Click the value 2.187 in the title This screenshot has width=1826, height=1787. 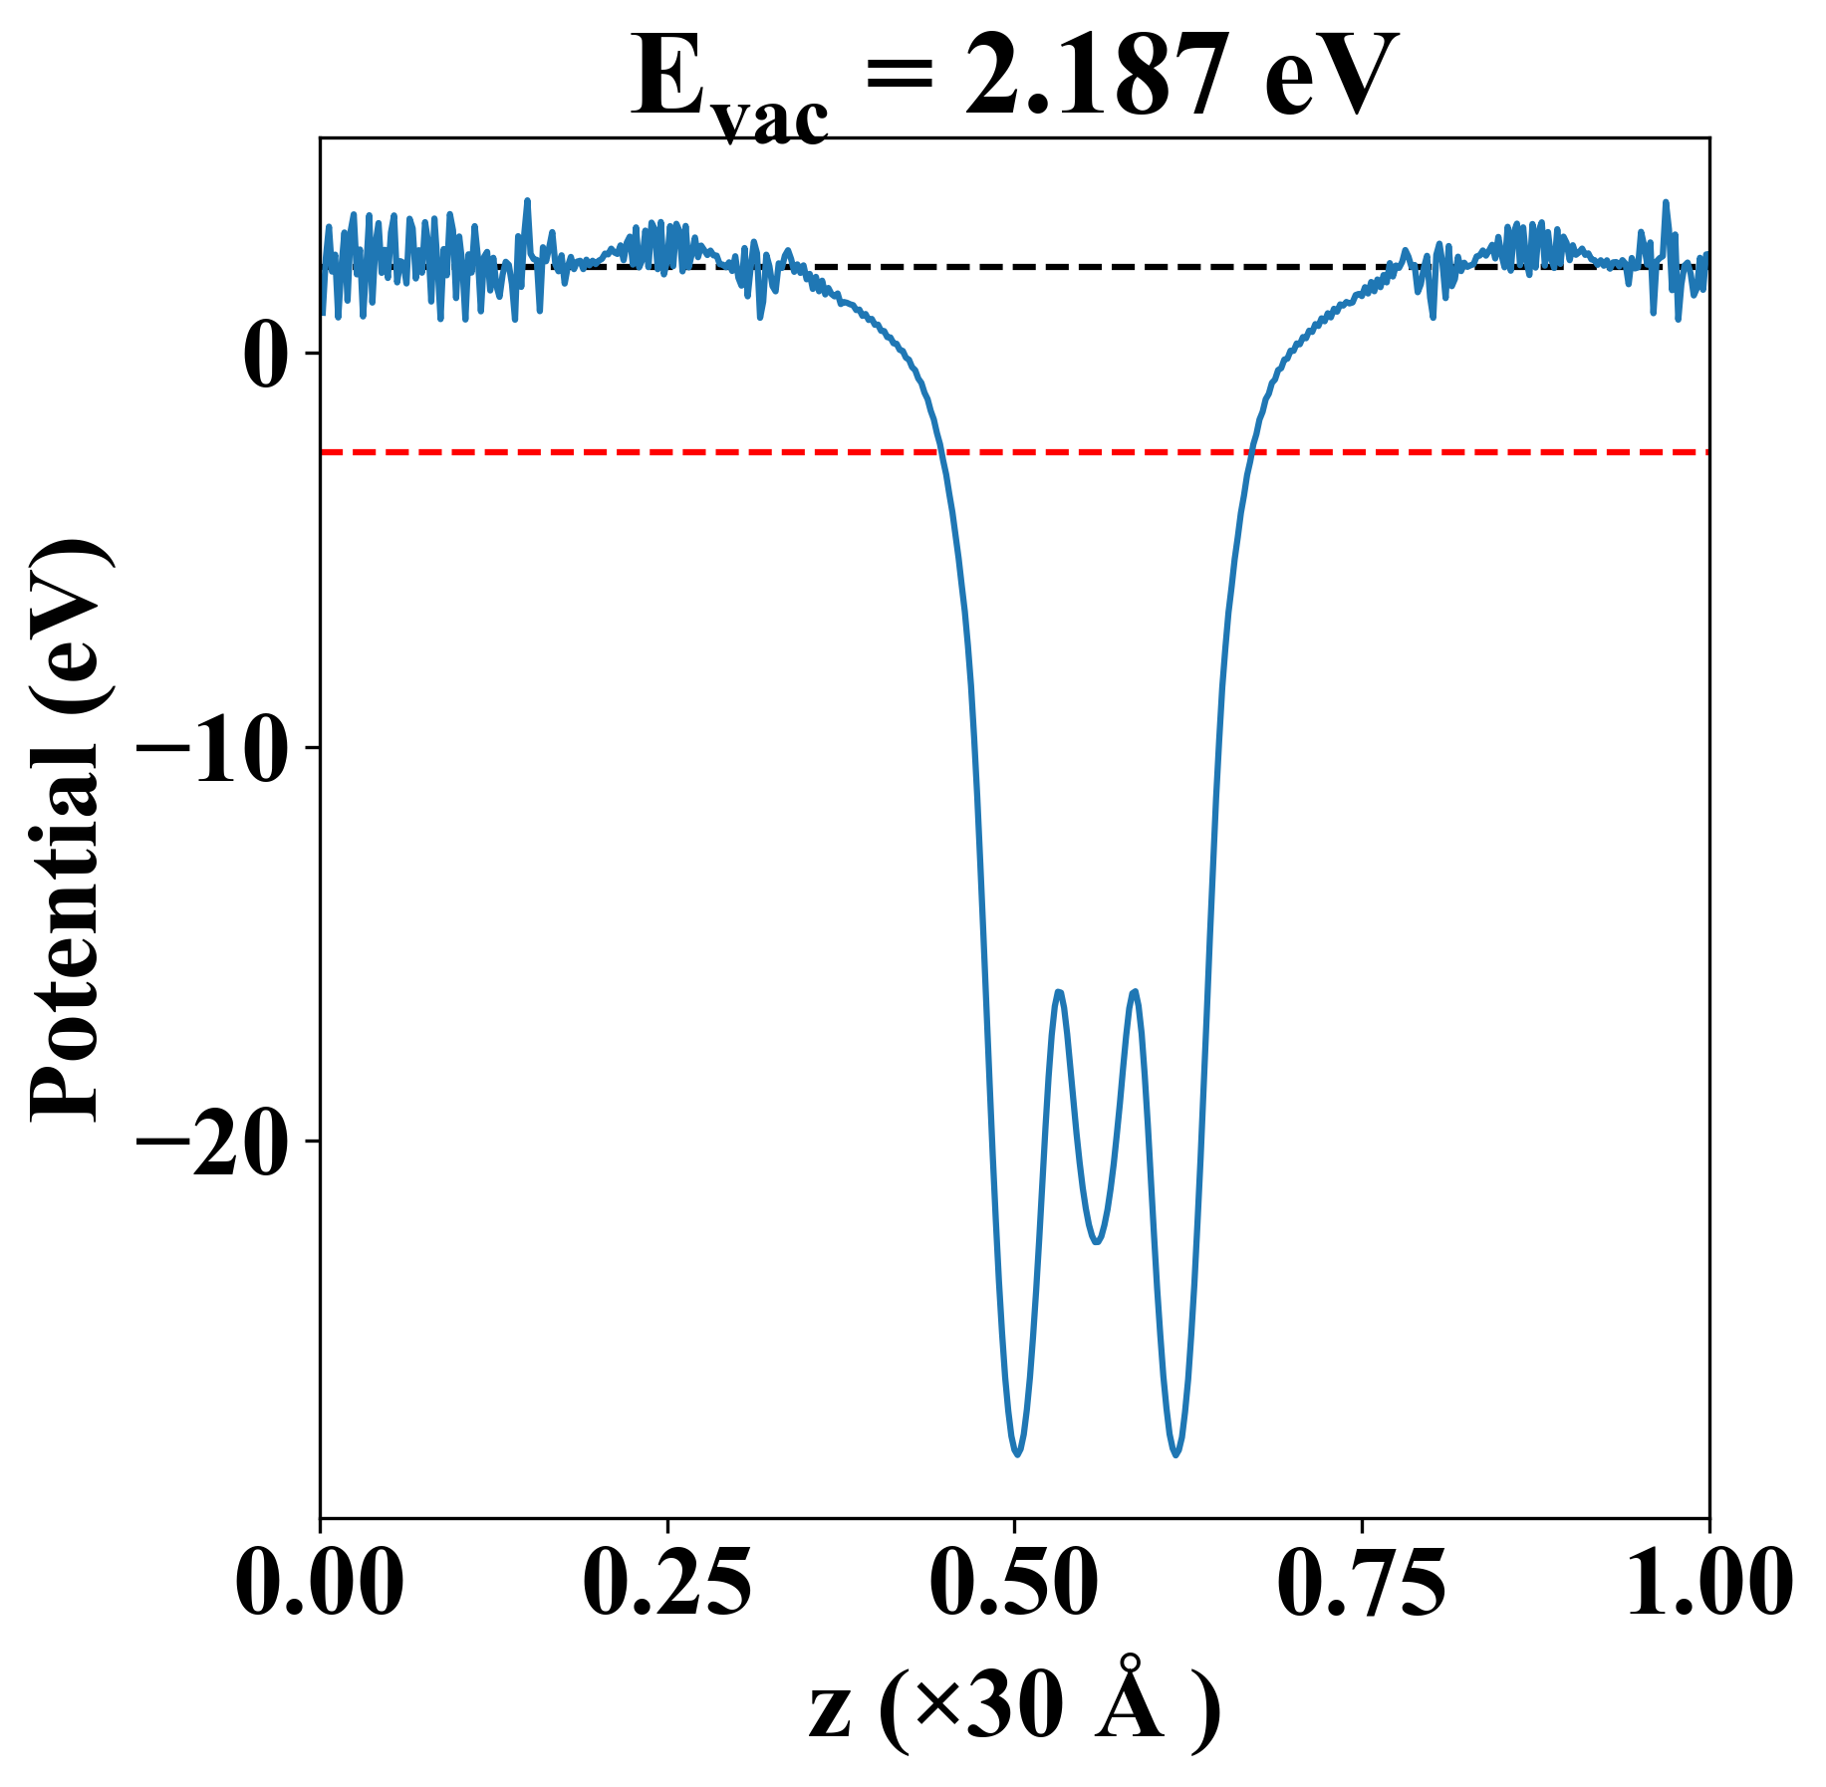[1105, 78]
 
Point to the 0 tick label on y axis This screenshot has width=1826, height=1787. [265, 355]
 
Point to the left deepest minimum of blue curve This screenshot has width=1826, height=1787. [1017, 1454]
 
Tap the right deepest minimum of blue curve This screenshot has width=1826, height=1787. [1176, 1454]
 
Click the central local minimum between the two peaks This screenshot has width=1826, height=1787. [1097, 1242]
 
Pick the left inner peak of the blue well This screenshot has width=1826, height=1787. [1059, 992]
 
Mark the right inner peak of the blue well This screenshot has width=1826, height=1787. [1134, 992]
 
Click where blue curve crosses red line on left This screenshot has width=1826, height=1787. [940, 452]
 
